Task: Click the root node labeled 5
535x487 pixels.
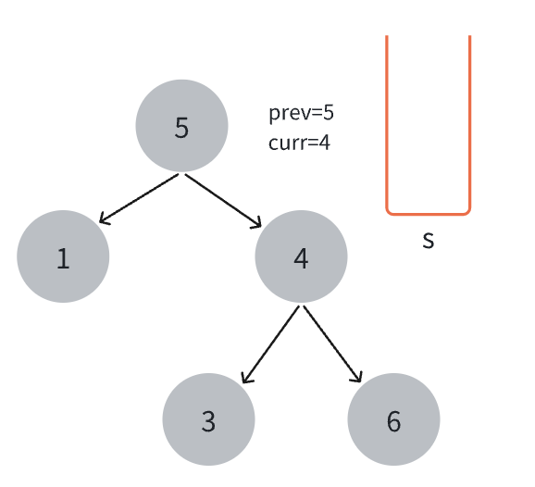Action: pyautogui.click(x=181, y=126)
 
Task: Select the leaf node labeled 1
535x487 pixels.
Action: pyautogui.click(x=63, y=256)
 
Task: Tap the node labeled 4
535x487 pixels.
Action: pyautogui.click(x=301, y=256)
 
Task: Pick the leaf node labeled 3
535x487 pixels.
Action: pyautogui.click(x=208, y=419)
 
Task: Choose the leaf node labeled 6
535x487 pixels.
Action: pyautogui.click(x=393, y=419)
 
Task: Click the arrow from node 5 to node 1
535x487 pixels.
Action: pyautogui.click(x=139, y=199)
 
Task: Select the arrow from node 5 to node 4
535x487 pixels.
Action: pyautogui.click(x=223, y=201)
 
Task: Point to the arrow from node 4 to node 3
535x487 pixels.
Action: pyautogui.click(x=270, y=344)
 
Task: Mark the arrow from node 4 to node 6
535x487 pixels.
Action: pyautogui.click(x=332, y=344)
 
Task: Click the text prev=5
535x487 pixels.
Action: pyautogui.click(x=301, y=113)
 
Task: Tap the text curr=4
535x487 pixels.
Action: pyautogui.click(x=299, y=143)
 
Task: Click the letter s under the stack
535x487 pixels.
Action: pyautogui.click(x=429, y=240)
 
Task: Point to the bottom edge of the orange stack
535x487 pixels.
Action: pyautogui.click(x=429, y=214)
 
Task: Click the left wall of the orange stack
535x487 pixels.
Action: pyautogui.click(x=387, y=123)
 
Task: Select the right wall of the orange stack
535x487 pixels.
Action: pyautogui.click(x=470, y=123)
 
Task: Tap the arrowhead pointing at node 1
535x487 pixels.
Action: pyautogui.click(x=103, y=220)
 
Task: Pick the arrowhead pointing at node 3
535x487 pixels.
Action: pyautogui.click(x=245, y=378)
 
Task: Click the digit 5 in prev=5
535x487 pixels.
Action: pyautogui.click(x=329, y=112)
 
